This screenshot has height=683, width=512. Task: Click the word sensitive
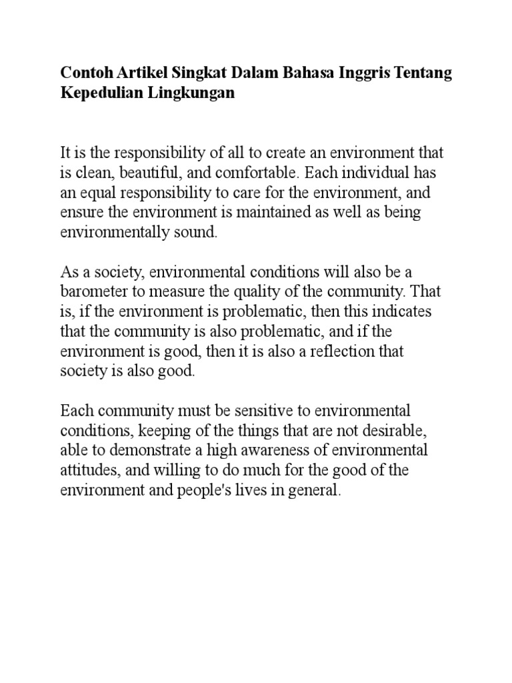pyautogui.click(x=258, y=410)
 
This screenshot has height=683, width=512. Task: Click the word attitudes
pyautogui.click(x=87, y=470)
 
